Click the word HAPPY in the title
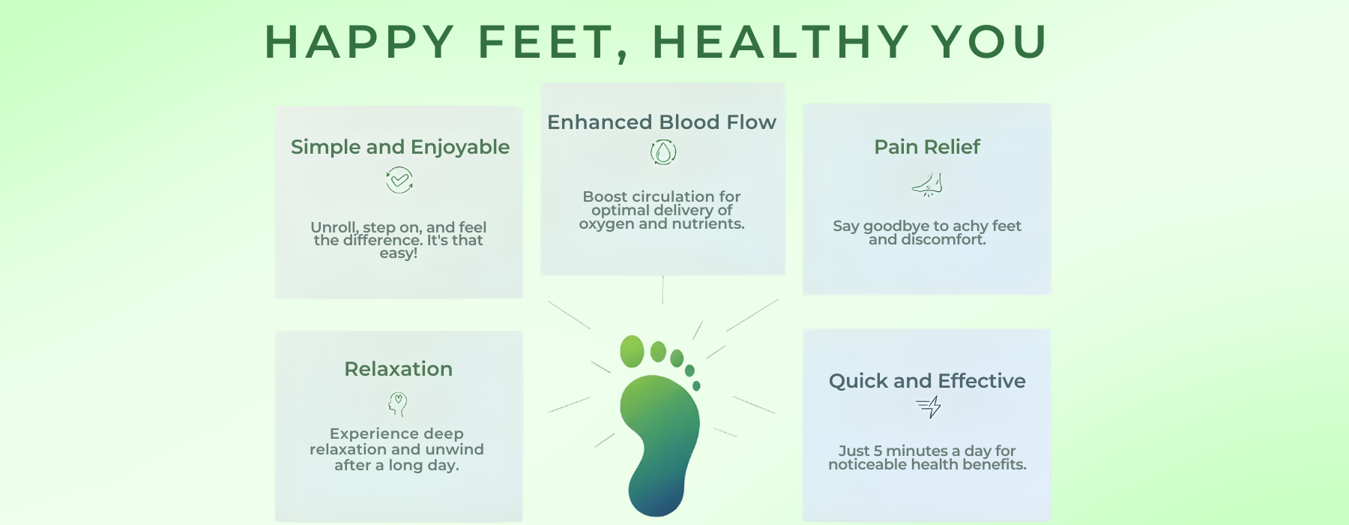pos(360,42)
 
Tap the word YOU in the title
pos(989,42)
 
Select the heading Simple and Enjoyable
pos(400,147)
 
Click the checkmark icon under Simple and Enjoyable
pos(399,180)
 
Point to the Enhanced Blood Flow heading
pos(662,122)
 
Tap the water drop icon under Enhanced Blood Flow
pos(663,152)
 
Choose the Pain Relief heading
pos(927,147)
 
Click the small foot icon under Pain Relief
pos(928,184)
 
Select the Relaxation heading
pos(399,369)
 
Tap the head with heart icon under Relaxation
pos(398,404)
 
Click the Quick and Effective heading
pos(927,381)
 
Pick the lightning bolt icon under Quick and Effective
pos(929,407)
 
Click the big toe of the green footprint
pos(632,351)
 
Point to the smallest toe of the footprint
pos(696,385)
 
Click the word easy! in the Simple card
pos(399,253)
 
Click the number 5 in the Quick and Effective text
pos(878,451)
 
